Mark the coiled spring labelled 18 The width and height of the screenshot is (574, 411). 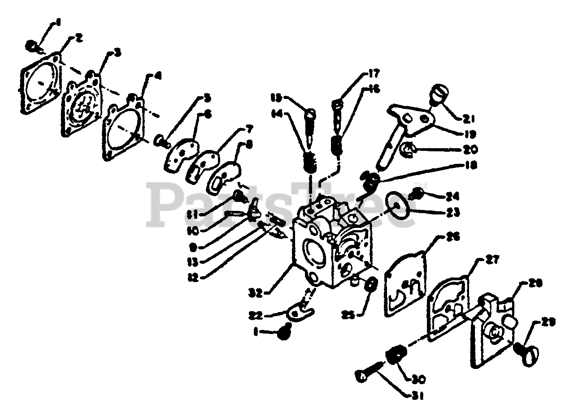pos(371,181)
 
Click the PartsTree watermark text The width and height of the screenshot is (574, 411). pos(283,204)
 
